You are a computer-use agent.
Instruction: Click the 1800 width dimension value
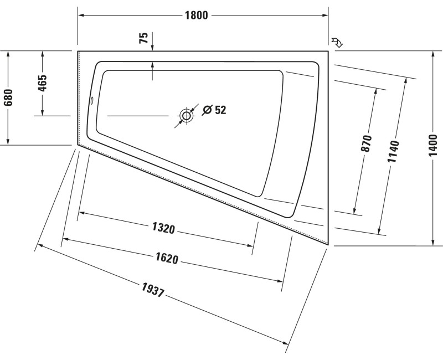coord(196,16)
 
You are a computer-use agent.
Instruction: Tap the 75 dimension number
coord(143,38)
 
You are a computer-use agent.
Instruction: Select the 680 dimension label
coord(8,97)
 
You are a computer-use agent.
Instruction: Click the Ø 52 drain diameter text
coord(214,110)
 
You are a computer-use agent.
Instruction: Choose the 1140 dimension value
coord(393,151)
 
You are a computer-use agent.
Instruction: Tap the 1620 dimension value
coord(166,259)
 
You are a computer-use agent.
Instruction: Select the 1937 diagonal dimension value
coord(153,290)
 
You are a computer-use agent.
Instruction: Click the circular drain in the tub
coord(187,116)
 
